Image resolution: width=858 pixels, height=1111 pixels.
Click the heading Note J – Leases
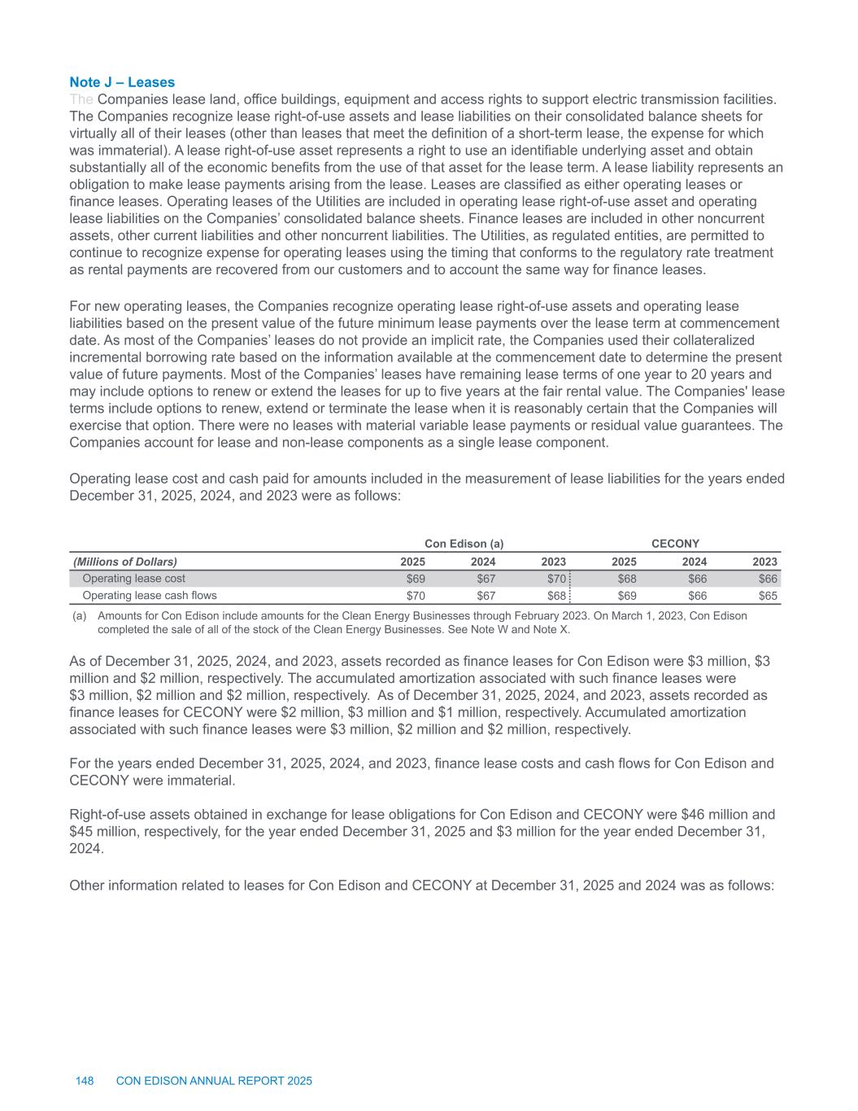[x=122, y=82]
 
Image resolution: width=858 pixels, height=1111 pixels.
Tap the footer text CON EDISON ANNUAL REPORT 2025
[x=214, y=1081]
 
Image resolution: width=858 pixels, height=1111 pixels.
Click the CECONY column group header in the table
[x=676, y=543]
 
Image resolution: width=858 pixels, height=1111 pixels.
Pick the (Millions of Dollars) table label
[x=125, y=562]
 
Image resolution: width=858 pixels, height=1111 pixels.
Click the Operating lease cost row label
[x=134, y=579]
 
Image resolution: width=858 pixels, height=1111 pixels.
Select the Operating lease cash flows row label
[x=150, y=595]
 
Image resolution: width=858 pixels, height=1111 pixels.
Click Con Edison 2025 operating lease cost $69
[x=416, y=579]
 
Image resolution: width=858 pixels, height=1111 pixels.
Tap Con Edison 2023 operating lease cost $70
[x=555, y=579]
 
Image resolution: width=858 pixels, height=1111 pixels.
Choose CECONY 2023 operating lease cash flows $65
[x=768, y=595]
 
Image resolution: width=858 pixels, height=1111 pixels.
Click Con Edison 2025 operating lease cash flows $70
[x=416, y=595]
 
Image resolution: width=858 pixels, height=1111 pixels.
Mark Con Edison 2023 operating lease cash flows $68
[x=555, y=595]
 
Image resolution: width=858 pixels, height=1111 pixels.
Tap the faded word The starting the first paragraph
[x=81, y=99]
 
